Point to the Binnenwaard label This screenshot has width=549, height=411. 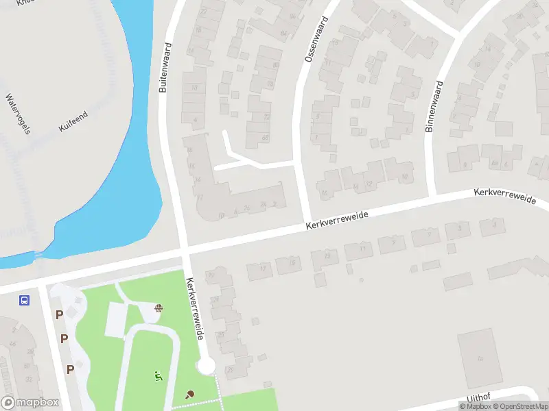pyautogui.click(x=434, y=106)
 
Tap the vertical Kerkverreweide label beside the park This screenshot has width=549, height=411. pyautogui.click(x=196, y=310)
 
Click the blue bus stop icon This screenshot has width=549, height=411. pyautogui.click(x=24, y=300)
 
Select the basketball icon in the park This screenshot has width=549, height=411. pyautogui.click(x=159, y=308)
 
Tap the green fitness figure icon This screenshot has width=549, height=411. pyautogui.click(x=159, y=375)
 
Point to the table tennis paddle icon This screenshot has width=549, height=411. pyautogui.click(x=190, y=394)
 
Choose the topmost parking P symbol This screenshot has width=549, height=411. pyautogui.click(x=59, y=315)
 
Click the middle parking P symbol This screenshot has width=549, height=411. pyautogui.click(x=64, y=338)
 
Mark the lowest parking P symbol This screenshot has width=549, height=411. pyautogui.click(x=70, y=369)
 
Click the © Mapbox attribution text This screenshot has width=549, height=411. pyautogui.click(x=474, y=406)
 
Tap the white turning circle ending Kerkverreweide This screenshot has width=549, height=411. pyautogui.click(x=206, y=366)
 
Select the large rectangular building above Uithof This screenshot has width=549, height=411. pyautogui.click(x=476, y=356)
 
